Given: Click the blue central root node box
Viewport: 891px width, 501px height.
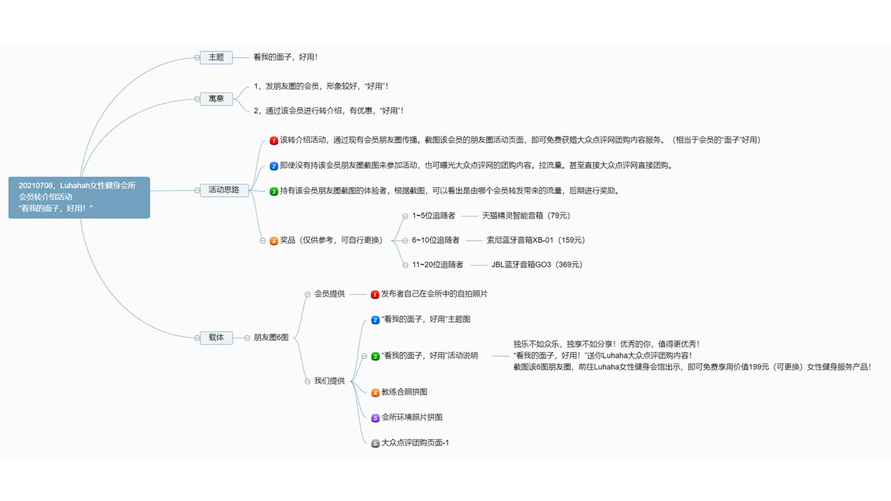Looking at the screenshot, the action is coord(79,197).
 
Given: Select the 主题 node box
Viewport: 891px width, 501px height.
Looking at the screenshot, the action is coord(216,57).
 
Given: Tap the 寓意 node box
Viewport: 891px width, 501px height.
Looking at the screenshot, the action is coord(216,99).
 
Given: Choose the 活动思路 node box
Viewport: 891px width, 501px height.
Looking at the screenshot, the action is coord(224,190).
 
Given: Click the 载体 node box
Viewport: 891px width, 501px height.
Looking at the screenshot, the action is coord(216,337).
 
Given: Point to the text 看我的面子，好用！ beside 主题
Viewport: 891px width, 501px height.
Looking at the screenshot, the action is coord(285,57).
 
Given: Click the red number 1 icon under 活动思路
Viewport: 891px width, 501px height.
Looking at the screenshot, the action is coord(274,141).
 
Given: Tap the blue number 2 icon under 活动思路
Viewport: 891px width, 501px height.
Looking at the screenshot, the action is coord(274,166).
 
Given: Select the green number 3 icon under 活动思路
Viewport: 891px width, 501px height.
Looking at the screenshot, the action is coord(274,191).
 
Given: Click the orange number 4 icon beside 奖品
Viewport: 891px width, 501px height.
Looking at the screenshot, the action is coord(274,241).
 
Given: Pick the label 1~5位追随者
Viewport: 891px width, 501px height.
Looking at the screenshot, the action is coord(434,216).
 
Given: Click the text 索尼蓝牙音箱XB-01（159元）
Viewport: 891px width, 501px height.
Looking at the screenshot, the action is coord(536,240).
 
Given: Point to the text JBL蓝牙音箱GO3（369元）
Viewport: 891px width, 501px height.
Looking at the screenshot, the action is coord(537,265).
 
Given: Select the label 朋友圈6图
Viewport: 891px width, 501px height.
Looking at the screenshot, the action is coord(271,337).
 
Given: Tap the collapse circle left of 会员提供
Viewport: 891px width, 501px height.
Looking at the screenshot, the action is coord(308,294).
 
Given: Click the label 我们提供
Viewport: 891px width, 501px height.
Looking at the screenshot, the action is coord(329,381).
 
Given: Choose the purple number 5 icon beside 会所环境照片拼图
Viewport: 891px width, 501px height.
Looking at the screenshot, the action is coord(375,418).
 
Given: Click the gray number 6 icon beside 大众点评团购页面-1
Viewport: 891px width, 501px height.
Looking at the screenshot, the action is coord(375,443).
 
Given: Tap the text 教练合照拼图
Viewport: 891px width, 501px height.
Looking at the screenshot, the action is coord(404,392).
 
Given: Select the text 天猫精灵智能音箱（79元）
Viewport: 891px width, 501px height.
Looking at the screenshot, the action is coord(526,216).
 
